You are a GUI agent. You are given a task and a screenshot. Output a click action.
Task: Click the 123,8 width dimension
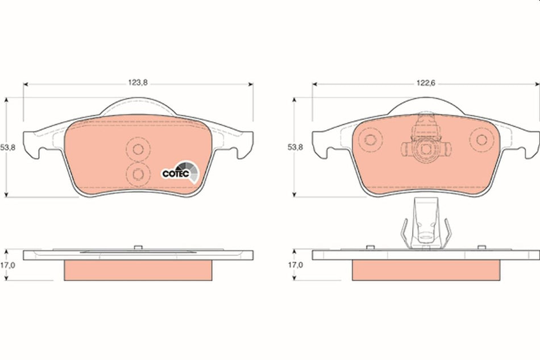pos(138,82)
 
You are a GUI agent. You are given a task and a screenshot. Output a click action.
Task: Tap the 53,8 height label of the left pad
pos(7,147)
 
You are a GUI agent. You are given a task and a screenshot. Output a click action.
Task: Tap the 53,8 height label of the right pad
pos(295,147)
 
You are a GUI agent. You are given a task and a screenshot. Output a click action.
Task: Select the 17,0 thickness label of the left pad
pos(7,264)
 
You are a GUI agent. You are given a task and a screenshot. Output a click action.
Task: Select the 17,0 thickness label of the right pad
pos(295,264)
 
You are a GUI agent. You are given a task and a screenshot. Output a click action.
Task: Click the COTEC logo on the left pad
pos(180,171)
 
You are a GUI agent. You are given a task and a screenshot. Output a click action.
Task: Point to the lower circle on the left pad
pos(137,173)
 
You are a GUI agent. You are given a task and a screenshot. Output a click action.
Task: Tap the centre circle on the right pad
pos(426,150)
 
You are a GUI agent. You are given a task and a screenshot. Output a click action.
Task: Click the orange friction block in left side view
pos(138,270)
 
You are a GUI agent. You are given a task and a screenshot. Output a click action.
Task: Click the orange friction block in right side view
pos(426,270)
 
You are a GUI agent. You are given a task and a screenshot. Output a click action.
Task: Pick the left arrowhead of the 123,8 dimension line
pos(26,85)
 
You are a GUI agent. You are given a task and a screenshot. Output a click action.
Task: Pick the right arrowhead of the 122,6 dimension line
pos(537,85)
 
